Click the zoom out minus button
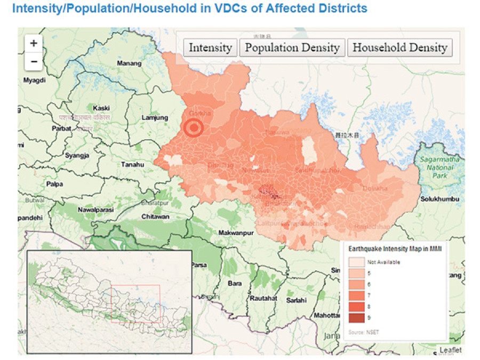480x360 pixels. (x=34, y=61)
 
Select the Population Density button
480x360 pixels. (x=292, y=47)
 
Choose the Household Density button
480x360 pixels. (x=399, y=47)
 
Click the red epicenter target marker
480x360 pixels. (x=193, y=129)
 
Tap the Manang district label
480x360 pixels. (x=129, y=63)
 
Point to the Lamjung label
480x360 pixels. (x=155, y=118)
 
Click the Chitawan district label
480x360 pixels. (x=155, y=217)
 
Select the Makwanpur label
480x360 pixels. (x=235, y=233)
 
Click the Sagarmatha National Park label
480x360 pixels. (x=437, y=167)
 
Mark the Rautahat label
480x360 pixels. (x=263, y=299)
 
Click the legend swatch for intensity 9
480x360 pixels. (x=356, y=318)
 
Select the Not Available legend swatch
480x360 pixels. (x=356, y=262)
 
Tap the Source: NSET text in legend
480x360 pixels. (x=362, y=332)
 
